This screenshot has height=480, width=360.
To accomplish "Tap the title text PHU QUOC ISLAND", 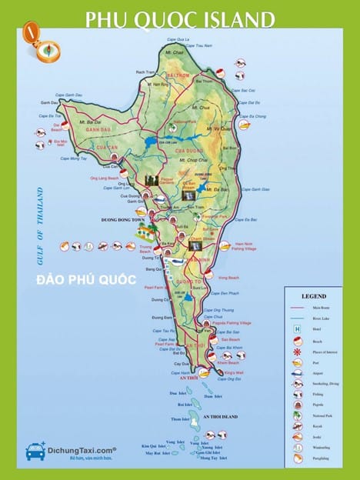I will click(x=179, y=18).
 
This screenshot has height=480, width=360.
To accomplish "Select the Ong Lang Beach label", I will click(x=105, y=178).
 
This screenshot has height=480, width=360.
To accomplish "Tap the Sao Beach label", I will click(x=230, y=339).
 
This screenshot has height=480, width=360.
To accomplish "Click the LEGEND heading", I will click(x=314, y=296).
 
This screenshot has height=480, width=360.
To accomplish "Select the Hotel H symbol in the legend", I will click(x=296, y=329).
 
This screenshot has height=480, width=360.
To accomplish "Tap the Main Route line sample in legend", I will click(x=296, y=308).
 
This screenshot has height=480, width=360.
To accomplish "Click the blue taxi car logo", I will click(x=35, y=452).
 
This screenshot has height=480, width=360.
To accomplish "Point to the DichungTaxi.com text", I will click(x=82, y=448).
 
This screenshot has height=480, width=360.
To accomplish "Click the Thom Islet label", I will click(x=181, y=419).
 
